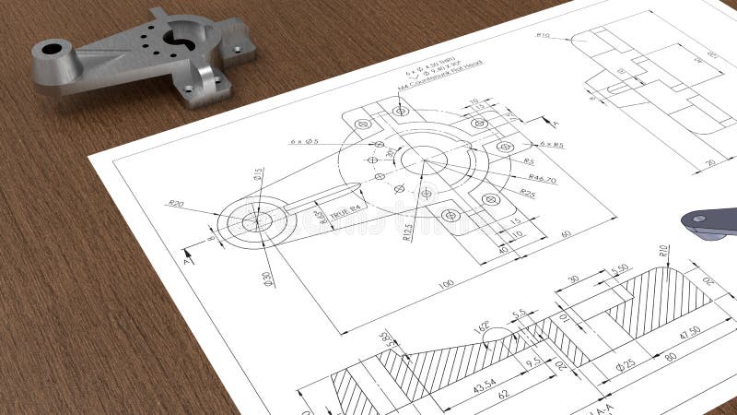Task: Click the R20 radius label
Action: point(175,204)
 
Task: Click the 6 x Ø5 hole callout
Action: point(303,141)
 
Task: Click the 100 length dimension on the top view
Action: point(446,284)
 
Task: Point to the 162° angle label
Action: point(481,326)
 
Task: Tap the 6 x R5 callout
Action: point(552,145)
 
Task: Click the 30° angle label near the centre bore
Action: point(390,153)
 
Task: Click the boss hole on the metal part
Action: point(52,48)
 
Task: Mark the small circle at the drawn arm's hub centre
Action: point(257,221)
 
